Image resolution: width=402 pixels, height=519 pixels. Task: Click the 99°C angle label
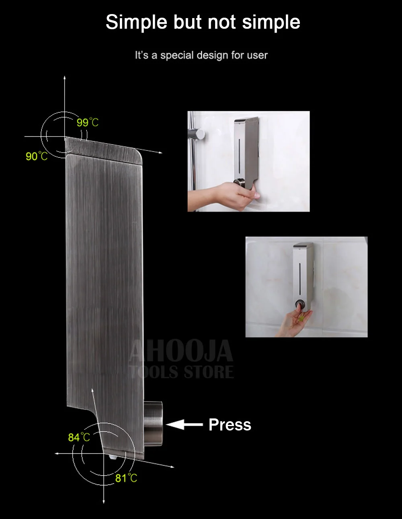point(87,122)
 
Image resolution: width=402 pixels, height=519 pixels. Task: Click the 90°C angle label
point(37,156)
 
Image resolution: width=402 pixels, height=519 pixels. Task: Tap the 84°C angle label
point(79,437)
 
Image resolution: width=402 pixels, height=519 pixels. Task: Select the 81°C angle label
point(126,478)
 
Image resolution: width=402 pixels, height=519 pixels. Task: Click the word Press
point(230,424)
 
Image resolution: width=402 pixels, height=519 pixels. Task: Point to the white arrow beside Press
point(184,424)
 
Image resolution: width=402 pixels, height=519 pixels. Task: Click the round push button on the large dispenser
point(153,424)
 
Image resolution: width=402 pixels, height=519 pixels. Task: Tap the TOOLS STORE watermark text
point(181,372)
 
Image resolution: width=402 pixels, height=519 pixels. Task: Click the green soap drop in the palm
point(301,318)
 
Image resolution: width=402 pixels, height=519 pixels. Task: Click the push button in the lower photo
point(299,304)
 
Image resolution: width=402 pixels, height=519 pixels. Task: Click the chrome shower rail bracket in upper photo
point(196,134)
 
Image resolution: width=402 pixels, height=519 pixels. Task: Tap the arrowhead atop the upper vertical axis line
point(64,77)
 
